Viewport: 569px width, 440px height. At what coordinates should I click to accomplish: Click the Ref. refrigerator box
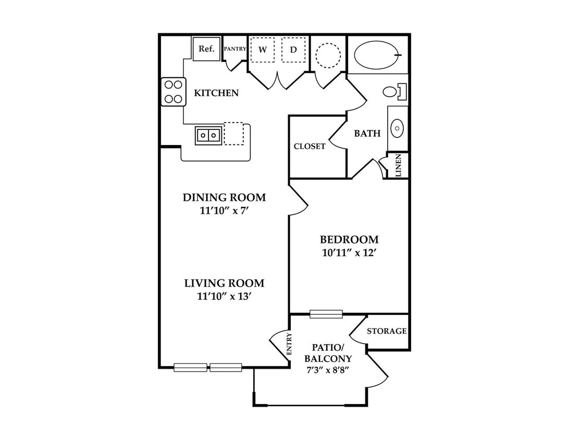pos(206,48)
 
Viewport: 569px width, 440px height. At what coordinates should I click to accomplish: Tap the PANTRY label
pos(235,48)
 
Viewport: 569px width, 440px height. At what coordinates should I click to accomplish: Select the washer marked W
pos(263,50)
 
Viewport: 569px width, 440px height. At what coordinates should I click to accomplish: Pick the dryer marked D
pos(293,50)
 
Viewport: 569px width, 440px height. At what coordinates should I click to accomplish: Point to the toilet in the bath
pos(394,91)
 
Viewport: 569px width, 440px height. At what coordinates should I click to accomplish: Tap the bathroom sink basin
pos(398,128)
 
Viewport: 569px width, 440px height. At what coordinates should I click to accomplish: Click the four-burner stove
pos(174,92)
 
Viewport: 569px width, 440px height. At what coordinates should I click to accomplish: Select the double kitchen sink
pos(208,136)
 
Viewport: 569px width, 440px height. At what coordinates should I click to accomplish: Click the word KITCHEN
pos(216,93)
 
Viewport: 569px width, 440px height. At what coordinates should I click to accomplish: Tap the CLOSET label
pos(310,146)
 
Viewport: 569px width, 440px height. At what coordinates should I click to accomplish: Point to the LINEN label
pos(399,166)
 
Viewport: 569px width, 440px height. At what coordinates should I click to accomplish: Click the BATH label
pos(367,133)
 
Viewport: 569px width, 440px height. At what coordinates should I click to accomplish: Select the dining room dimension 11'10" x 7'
pos(224,211)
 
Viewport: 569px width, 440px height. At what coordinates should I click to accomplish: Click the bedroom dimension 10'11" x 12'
pos(349,253)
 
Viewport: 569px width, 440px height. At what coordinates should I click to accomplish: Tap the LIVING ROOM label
pos(224,283)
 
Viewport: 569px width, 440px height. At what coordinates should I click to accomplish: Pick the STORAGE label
pos(387,331)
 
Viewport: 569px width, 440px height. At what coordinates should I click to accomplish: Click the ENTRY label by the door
pos(289,344)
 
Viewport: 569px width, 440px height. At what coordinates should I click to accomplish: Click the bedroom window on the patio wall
pos(326,314)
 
